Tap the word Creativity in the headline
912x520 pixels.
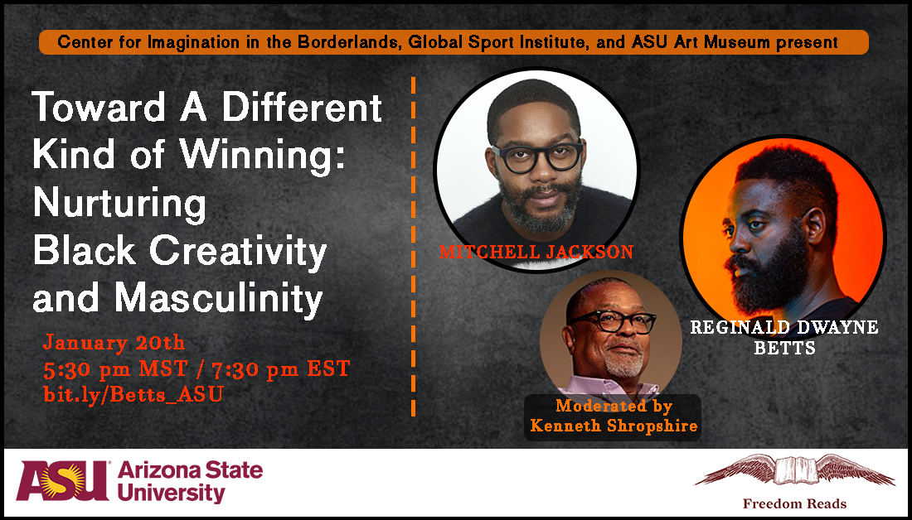[x=238, y=250]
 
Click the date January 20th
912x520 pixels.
[x=114, y=342]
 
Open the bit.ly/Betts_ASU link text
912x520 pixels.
[x=133, y=394]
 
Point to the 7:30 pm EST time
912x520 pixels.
[x=276, y=368]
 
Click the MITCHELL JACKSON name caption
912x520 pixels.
[x=536, y=252]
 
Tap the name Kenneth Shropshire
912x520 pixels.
[x=614, y=426]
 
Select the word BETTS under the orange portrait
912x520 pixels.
[x=784, y=348]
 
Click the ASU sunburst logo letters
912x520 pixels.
[x=63, y=480]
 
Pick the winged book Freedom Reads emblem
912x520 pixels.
[x=794, y=470]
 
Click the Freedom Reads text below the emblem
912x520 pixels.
[x=794, y=503]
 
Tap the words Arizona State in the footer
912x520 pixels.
[x=190, y=470]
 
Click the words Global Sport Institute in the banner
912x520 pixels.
[x=498, y=42]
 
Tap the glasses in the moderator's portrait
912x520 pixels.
[x=613, y=322]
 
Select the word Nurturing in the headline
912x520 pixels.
[x=119, y=204]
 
